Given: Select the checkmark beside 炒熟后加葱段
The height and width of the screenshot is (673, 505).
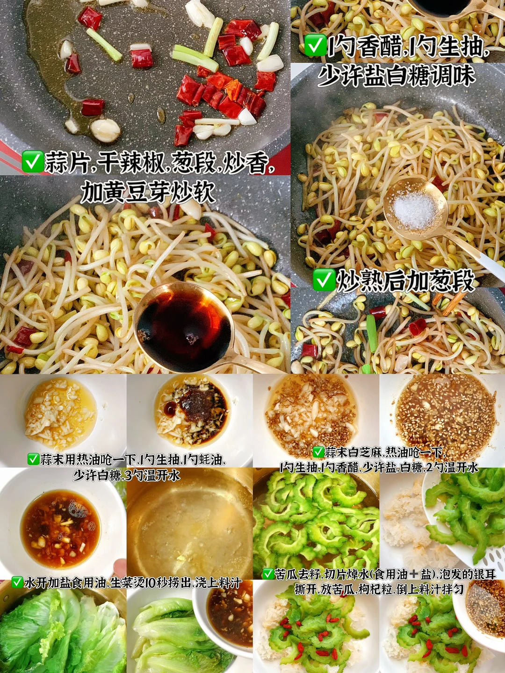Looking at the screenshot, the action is point(323,280).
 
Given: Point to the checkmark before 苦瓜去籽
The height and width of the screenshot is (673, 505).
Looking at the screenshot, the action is point(267,573).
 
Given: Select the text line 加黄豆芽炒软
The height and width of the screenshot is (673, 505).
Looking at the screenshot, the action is point(147,192).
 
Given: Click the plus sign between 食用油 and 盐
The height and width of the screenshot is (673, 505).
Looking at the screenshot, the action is point(413,574).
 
